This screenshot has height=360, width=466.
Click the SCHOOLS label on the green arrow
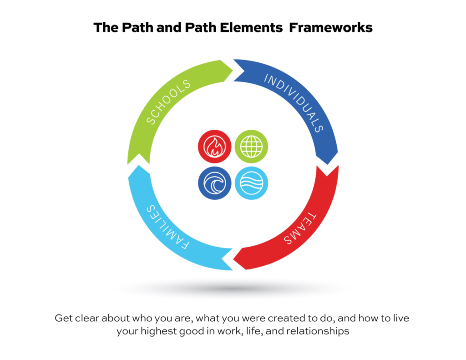tap(168, 102)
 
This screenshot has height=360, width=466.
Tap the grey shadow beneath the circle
tap(233, 288)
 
